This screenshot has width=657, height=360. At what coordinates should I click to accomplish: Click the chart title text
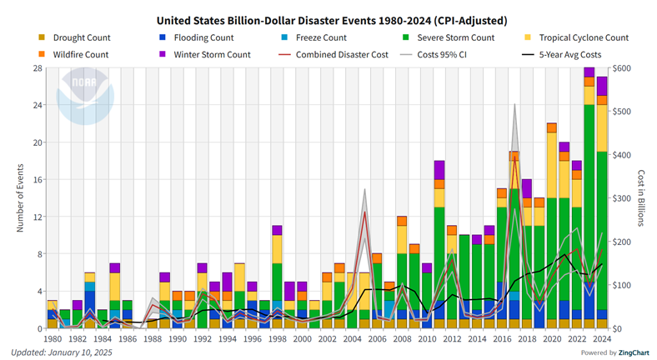(x=328, y=19)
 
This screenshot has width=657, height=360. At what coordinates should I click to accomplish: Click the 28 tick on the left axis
(x=38, y=68)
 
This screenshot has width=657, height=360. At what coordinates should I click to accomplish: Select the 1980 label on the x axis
(x=53, y=340)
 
